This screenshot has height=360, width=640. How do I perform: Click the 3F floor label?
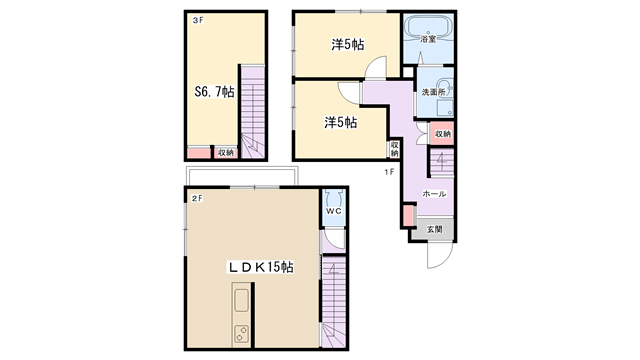(x=198, y=20)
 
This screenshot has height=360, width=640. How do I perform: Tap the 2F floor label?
(x=198, y=199)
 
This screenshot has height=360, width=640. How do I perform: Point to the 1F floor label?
(x=389, y=172)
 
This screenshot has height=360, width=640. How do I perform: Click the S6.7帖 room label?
(x=214, y=92)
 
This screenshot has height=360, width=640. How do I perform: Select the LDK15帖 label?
(x=260, y=267)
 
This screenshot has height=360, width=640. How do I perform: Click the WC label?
(x=333, y=211)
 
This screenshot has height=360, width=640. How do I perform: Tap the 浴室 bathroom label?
(x=428, y=39)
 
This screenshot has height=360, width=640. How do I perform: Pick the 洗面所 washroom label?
(x=433, y=92)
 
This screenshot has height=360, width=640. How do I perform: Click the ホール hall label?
(x=434, y=194)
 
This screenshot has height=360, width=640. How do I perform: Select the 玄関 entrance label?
(x=435, y=229)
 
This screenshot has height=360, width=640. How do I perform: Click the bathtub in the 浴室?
(x=428, y=27)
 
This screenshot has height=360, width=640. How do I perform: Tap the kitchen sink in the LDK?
(x=241, y=300)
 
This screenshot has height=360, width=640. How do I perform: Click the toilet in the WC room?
(x=334, y=199)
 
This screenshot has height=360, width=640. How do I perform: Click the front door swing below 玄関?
(x=440, y=255)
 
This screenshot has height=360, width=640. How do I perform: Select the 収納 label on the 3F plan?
(x=226, y=153)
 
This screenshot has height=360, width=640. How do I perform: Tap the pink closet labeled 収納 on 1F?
(x=442, y=133)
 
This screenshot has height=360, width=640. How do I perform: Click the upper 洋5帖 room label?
(x=348, y=44)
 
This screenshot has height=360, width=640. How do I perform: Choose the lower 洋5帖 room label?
(x=341, y=122)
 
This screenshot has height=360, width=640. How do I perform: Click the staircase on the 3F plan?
(x=253, y=112)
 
